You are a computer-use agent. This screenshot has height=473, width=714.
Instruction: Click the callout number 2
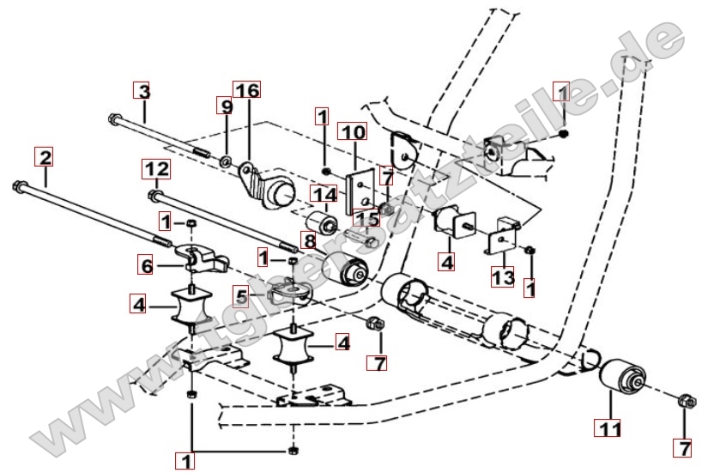pyautogui.click(x=45, y=157)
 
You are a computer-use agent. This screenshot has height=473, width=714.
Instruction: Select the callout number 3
pyautogui.click(x=142, y=90)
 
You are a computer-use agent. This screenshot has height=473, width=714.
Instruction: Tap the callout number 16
pyautogui.click(x=246, y=90)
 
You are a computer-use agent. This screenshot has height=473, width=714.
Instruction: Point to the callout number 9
pyautogui.click(x=225, y=106)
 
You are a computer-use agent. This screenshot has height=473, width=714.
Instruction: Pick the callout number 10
pyautogui.click(x=353, y=132)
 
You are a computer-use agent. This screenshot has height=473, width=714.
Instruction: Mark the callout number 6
pyautogui.click(x=148, y=267)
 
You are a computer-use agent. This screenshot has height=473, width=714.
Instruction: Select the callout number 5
pyautogui.click(x=243, y=298)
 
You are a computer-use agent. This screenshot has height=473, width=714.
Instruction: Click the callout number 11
pyautogui.click(x=610, y=424)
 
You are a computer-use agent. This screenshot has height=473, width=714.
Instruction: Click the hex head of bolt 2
pyautogui.click(x=19, y=185)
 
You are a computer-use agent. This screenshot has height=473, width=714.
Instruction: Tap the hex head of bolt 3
pyautogui.click(x=112, y=118)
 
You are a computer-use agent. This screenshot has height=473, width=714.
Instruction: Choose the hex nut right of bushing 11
pyautogui.click(x=685, y=400)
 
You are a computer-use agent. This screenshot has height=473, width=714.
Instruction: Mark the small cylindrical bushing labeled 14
pyautogui.click(x=325, y=221)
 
